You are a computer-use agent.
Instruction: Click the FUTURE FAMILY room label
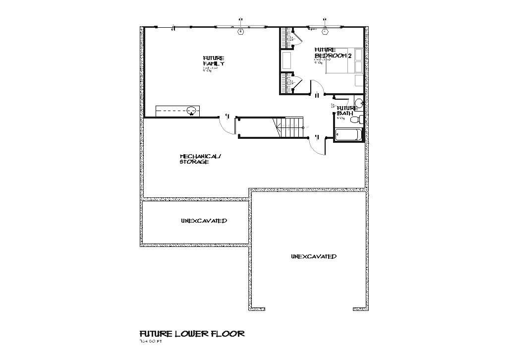click(x=214, y=61)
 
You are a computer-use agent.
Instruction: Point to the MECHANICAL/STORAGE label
click(x=200, y=159)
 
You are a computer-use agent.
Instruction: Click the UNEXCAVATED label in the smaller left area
click(x=204, y=221)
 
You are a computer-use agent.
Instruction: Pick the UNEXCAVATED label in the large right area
click(x=314, y=256)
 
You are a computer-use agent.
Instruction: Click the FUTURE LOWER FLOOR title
click(x=192, y=334)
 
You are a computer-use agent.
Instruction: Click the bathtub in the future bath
click(x=348, y=134)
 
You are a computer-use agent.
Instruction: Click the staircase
click(x=289, y=127)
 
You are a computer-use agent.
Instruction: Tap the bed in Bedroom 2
click(x=344, y=61)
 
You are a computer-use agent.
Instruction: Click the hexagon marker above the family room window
click(x=241, y=32)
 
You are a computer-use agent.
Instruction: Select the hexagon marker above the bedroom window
click(x=325, y=32)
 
